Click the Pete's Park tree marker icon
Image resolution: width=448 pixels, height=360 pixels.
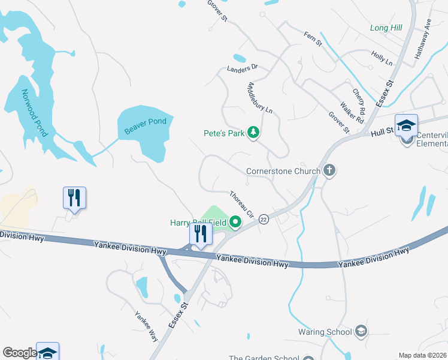pos(253,133)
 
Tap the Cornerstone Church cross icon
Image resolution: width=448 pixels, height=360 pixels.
pos(329,171)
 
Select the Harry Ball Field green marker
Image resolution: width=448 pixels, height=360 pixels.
pos(235,223)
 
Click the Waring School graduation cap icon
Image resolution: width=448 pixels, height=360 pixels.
pos(361,331)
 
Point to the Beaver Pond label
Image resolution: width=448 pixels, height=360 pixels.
pos(145,126)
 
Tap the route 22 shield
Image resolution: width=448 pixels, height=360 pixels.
pos(263,220)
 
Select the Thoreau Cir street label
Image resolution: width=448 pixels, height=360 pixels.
pos(243,204)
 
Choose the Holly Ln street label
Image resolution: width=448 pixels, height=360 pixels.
pos(382,58)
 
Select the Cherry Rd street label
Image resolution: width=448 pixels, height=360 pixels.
pos(359,102)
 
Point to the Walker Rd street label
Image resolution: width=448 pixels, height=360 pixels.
pos(352,112)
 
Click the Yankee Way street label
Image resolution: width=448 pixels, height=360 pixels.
pos(146,325)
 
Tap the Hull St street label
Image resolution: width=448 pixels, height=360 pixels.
pos(381,133)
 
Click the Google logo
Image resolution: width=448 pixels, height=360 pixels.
pos(19,353)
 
